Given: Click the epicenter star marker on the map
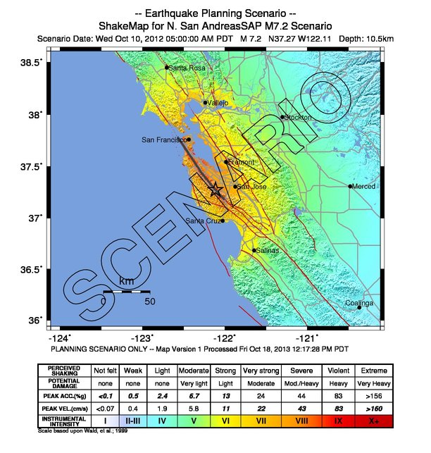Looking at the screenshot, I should coord(216,190).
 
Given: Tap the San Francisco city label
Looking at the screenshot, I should coord(163,140).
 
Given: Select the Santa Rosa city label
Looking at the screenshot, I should coord(187,68).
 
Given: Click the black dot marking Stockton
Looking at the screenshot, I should coord(282,118).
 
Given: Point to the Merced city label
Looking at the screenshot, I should coord(364,187).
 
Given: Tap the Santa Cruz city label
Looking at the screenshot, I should coord(203,221).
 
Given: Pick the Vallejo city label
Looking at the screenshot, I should coord(218,103).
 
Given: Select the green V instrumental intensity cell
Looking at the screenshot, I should coord(192,421).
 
